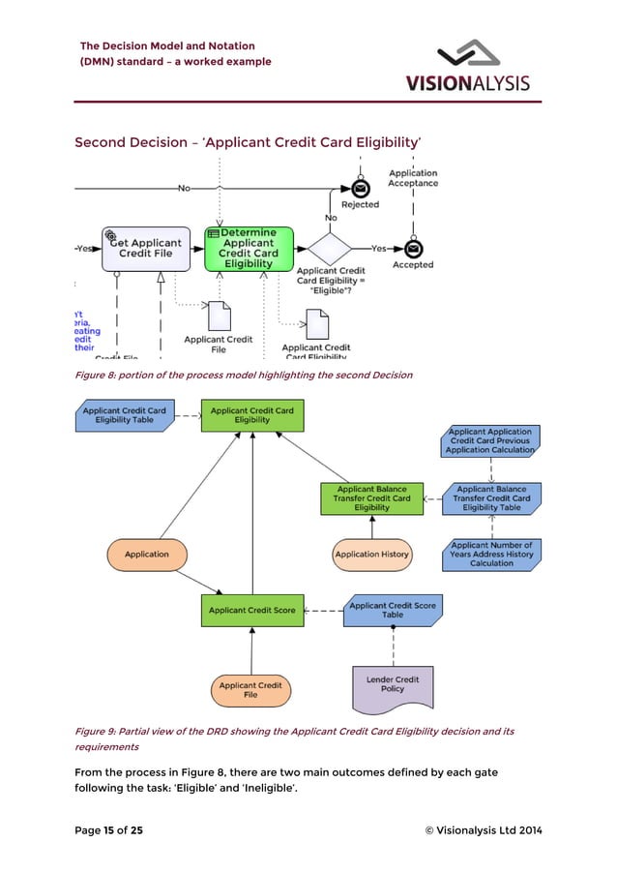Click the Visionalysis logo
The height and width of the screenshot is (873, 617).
pos(481,66)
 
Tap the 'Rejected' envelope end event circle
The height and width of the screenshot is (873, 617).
pos(360,188)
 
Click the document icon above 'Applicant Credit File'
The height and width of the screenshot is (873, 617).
pos(220,316)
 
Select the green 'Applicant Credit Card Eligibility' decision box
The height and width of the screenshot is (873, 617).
pos(252,415)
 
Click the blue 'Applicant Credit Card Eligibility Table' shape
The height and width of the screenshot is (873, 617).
pos(124,415)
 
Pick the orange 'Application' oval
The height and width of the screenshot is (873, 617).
pos(146,555)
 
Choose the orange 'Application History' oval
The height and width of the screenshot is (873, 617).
pos(371,555)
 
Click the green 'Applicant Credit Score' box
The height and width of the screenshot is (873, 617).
pos(252,611)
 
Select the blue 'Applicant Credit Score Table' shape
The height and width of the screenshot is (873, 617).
pos(392,611)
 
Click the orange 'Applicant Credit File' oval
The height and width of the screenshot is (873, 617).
pos(250,690)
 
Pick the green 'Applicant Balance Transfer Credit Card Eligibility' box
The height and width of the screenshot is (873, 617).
pos(371,498)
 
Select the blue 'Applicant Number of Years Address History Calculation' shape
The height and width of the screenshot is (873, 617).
pos(491,555)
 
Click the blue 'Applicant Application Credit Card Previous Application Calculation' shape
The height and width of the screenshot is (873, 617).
pos(491,441)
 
